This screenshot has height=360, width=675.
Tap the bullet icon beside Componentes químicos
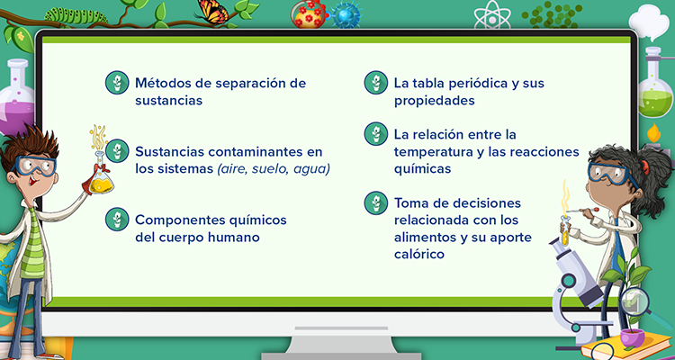click(x=117, y=220)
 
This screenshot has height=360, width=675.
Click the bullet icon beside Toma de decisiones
click(x=376, y=202)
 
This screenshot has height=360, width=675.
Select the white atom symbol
click(x=492, y=14)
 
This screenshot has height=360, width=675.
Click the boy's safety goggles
click(x=35, y=166)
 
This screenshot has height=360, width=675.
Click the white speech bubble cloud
click(x=649, y=22)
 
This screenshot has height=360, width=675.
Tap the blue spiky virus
click(x=346, y=15)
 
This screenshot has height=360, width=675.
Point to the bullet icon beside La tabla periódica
click(x=376, y=82)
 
